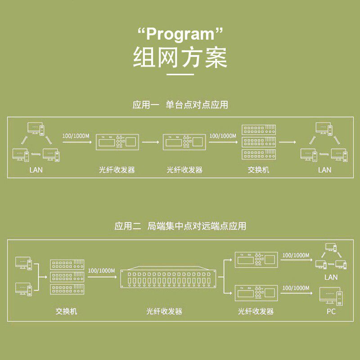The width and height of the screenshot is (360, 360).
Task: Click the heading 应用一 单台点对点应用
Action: tap(180, 105)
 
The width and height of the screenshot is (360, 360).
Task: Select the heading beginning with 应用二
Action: tap(180, 226)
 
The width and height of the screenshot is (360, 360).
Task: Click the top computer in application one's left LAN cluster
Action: tap(35, 128)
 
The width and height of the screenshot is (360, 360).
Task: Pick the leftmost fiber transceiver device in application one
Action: tap(117, 143)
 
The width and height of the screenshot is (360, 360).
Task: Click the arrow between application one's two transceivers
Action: tap(153, 143)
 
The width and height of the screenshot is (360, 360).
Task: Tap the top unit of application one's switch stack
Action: tap(258, 130)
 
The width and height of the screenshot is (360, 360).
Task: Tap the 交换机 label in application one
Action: tap(258, 170)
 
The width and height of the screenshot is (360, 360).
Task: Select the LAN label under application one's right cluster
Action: tap(324, 170)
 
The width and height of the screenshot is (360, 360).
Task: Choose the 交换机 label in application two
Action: tap(67, 311)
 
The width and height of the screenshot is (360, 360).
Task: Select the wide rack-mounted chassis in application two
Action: tap(171, 279)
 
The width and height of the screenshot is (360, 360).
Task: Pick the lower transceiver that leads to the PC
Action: tap(256, 293)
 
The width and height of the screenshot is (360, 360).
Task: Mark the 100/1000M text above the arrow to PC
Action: tap(296, 288)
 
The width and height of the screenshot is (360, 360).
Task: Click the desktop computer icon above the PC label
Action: tap(330, 295)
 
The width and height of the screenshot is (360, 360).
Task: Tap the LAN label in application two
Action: tap(331, 278)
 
